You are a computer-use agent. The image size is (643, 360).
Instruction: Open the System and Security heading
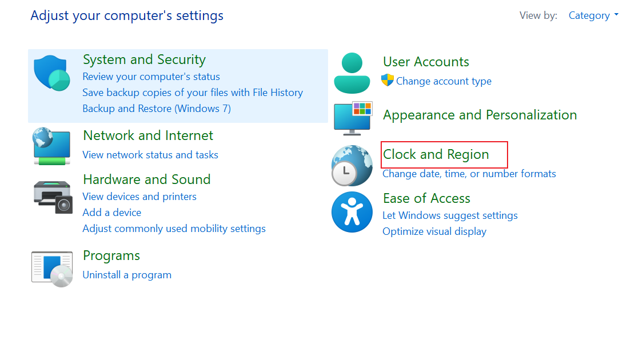(x=144, y=60)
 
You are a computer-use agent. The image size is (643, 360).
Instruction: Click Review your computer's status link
(x=151, y=77)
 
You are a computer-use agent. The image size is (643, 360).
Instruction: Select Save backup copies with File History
(x=193, y=93)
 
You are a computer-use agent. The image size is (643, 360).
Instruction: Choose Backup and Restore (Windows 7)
(x=157, y=109)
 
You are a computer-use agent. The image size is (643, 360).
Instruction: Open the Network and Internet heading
(x=148, y=136)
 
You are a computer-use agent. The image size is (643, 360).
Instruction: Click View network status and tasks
(x=150, y=155)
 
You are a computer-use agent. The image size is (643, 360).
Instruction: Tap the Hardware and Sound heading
(x=146, y=179)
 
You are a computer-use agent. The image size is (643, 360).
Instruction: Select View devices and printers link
(x=139, y=197)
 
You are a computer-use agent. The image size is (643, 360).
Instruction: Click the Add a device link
(x=112, y=213)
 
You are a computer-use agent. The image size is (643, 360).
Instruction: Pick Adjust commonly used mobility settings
(x=174, y=229)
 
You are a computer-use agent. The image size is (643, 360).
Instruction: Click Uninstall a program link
(x=127, y=275)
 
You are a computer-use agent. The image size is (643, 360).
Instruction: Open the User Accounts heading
(x=426, y=62)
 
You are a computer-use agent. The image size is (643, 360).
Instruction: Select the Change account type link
(x=444, y=81)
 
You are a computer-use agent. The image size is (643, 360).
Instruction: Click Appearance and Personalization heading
(x=480, y=115)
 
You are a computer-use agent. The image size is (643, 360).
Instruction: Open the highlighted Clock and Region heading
(x=436, y=154)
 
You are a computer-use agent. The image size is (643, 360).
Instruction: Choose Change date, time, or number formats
(x=469, y=174)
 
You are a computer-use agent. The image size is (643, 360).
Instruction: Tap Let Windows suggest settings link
(x=450, y=215)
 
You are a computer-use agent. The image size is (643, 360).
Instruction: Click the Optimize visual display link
(x=434, y=231)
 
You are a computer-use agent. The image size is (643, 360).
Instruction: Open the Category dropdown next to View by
(x=593, y=15)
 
